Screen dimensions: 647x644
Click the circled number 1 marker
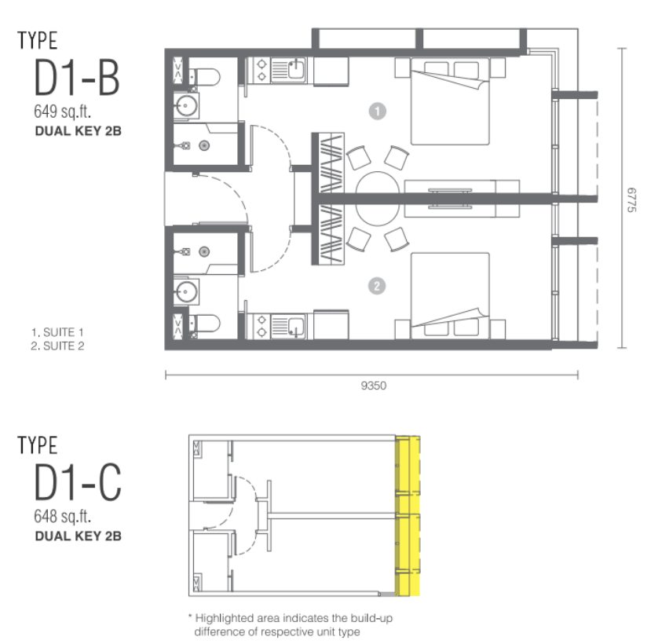pyautogui.click(x=377, y=111)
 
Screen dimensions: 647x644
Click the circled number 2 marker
pyautogui.click(x=377, y=286)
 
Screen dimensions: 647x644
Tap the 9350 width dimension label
pyautogui.click(x=374, y=386)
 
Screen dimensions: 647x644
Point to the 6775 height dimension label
pyautogui.click(x=631, y=199)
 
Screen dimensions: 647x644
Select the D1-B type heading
pyautogui.click(x=77, y=77)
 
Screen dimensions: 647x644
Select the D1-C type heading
pyautogui.click(x=78, y=481)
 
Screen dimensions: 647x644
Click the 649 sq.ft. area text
pyautogui.click(x=62, y=111)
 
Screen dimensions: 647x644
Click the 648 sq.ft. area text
pyautogui.click(x=62, y=516)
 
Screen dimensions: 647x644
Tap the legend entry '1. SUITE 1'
pyautogui.click(x=57, y=332)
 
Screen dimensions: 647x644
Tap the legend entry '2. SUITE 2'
pyautogui.click(x=57, y=346)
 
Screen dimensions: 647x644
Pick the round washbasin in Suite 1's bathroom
pyautogui.click(x=186, y=106)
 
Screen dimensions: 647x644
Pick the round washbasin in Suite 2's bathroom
pyautogui.click(x=186, y=291)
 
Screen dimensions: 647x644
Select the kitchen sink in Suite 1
pyautogui.click(x=296, y=68)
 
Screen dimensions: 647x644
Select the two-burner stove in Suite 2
pyautogui.click(x=261, y=326)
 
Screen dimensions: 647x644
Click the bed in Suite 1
pyautogui.click(x=450, y=101)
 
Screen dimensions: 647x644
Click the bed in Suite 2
pyautogui.click(x=450, y=296)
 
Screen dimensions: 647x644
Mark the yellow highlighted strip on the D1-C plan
pyautogui.click(x=408, y=516)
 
